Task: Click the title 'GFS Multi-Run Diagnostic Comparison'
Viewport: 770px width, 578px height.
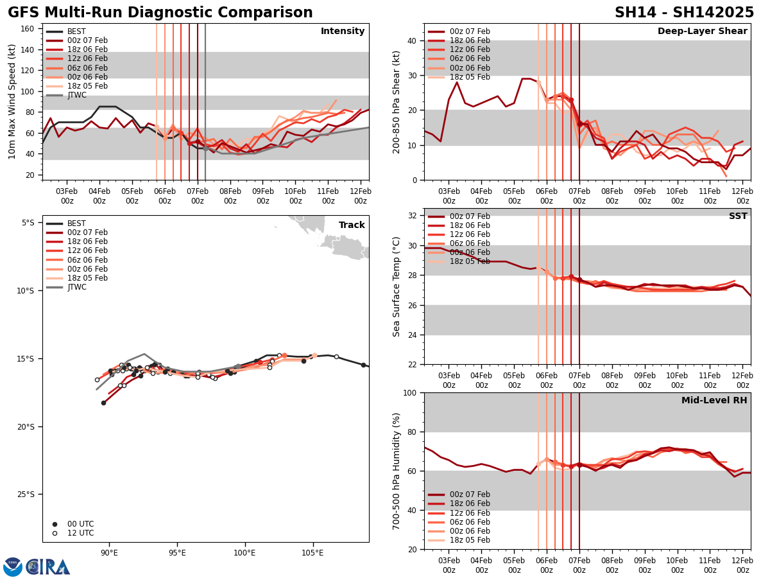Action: pos(160,13)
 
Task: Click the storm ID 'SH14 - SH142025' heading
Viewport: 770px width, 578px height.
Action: pos(684,13)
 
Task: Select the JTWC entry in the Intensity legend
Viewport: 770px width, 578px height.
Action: pos(76,95)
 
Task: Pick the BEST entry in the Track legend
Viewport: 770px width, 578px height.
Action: pos(76,223)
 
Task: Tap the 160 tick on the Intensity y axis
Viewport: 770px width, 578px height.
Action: pos(29,29)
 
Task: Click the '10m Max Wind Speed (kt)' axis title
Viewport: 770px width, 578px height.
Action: pos(12,101)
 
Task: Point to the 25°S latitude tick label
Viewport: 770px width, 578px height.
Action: pos(28,495)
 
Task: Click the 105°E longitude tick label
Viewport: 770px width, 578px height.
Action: pos(312,553)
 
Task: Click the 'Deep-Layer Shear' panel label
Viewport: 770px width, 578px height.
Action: pos(702,31)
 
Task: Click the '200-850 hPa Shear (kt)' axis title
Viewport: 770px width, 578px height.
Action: pos(397,101)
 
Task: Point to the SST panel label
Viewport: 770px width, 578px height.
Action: pos(737,216)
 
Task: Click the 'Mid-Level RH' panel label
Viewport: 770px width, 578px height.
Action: pos(714,401)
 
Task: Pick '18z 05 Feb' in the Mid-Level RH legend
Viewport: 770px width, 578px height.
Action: pos(467,540)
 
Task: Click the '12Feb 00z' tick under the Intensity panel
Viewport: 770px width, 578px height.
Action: pos(361,196)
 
